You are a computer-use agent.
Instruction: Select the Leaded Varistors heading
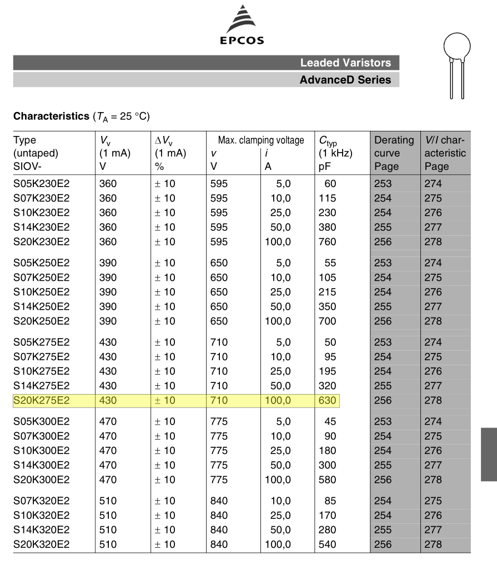click(x=345, y=63)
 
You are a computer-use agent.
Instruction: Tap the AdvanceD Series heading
click(x=345, y=80)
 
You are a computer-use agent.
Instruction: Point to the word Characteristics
click(x=47, y=117)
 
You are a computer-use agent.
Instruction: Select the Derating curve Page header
click(x=394, y=153)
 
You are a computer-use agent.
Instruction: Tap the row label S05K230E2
click(x=41, y=184)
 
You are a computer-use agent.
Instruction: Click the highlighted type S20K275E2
click(x=41, y=400)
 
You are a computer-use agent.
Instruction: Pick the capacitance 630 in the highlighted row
click(x=328, y=400)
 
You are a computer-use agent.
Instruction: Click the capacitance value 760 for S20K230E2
click(x=328, y=241)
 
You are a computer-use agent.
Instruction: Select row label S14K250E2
click(x=41, y=306)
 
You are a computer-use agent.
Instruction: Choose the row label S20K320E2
click(x=41, y=544)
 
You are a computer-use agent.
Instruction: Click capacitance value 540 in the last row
click(x=328, y=544)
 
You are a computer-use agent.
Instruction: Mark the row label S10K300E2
click(x=41, y=450)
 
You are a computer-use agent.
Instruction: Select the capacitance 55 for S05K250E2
click(x=330, y=263)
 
